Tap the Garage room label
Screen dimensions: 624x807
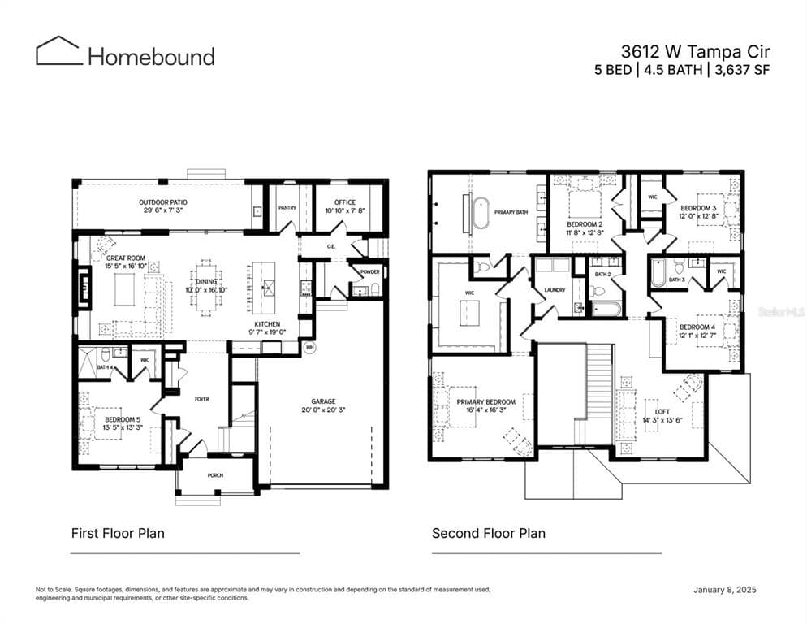coord(323,401)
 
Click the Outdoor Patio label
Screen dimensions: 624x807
coord(162,201)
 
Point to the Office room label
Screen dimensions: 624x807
coord(345,201)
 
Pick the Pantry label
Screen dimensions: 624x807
coord(287,207)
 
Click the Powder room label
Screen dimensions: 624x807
coord(369,272)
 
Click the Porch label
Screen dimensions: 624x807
coord(215,475)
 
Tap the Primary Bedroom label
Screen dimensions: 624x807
coord(485,402)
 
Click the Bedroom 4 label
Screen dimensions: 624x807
coord(696,327)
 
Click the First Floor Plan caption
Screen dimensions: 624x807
coord(118,533)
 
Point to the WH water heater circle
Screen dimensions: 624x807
coord(309,347)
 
